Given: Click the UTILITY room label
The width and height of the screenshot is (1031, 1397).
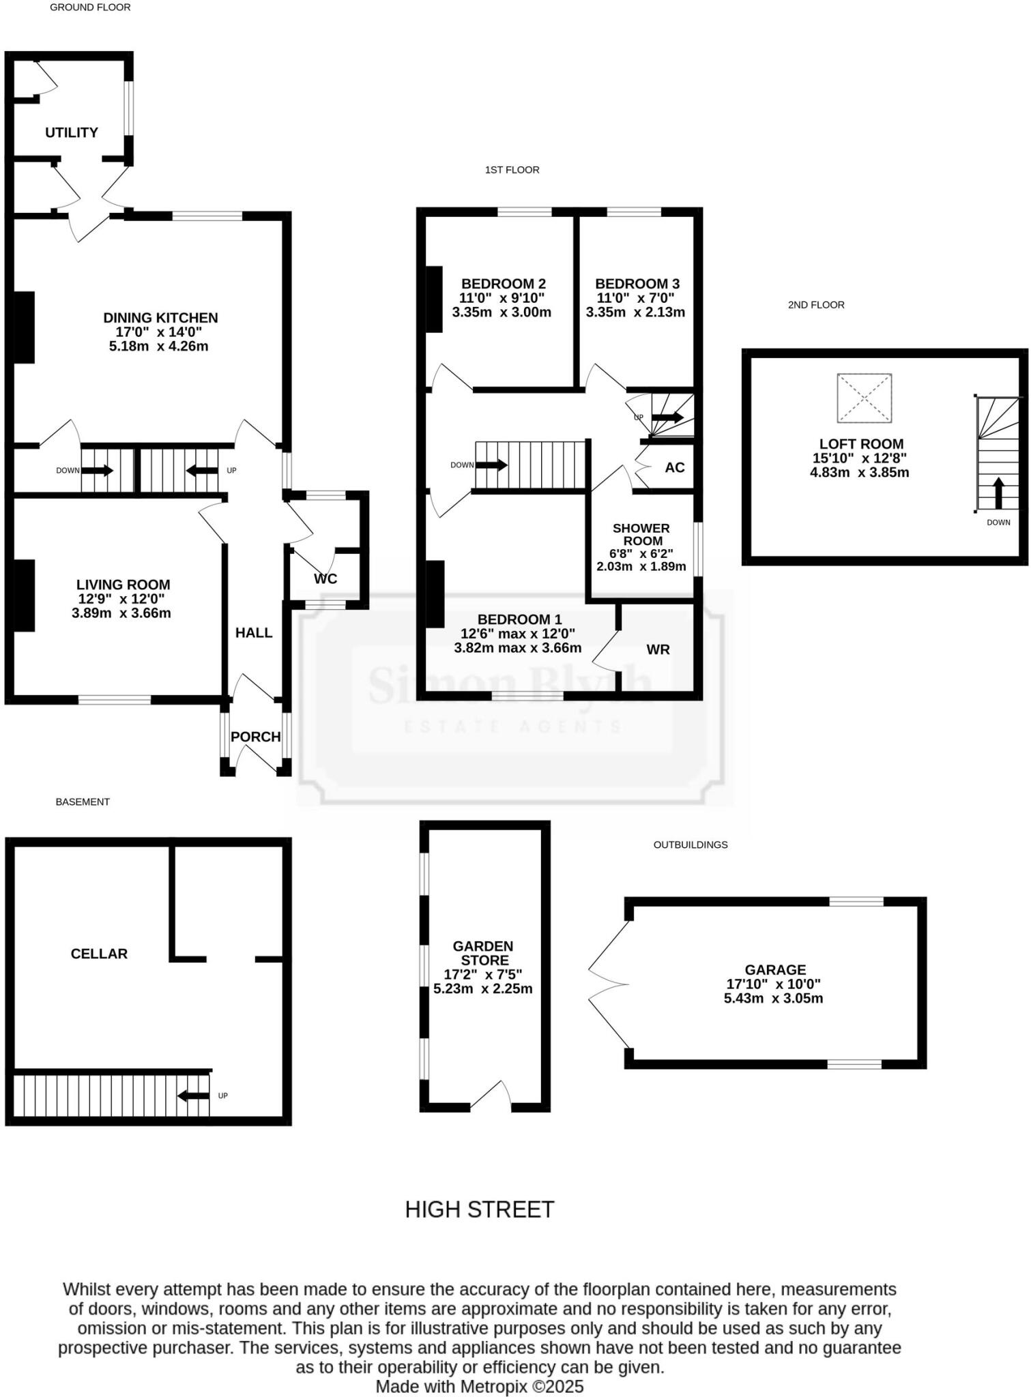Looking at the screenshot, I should tap(72, 132).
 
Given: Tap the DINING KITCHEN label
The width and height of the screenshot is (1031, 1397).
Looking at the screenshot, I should tap(160, 318).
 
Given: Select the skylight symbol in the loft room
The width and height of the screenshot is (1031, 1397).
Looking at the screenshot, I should tap(864, 398).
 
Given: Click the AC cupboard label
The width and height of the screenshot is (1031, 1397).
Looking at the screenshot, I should tap(674, 467).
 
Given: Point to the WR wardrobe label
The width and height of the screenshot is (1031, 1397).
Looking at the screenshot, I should tap(658, 649).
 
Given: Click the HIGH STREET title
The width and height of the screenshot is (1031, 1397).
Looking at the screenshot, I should tap(479, 1209).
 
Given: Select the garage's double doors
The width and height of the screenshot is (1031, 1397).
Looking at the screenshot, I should tap(607, 984).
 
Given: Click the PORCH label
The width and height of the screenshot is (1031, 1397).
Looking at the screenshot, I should tap(255, 737).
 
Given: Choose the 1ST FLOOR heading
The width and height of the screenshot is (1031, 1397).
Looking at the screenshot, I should tap(512, 170).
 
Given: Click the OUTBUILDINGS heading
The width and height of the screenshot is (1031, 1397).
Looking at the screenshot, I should tap(690, 844).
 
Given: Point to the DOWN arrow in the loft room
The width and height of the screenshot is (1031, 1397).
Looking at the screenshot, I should tap(998, 493).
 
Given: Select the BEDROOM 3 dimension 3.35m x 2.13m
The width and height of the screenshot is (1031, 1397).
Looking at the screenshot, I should tap(635, 312).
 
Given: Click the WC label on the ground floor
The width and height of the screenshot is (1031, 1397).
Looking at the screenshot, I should tap(325, 578).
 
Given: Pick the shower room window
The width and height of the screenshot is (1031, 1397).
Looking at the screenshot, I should tap(697, 549).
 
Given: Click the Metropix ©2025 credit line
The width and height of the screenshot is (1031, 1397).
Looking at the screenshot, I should tap(479, 1386).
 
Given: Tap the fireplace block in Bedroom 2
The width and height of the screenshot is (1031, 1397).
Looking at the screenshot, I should tap(434, 299).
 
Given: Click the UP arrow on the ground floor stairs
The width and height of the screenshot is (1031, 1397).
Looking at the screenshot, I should tap(201, 470).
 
